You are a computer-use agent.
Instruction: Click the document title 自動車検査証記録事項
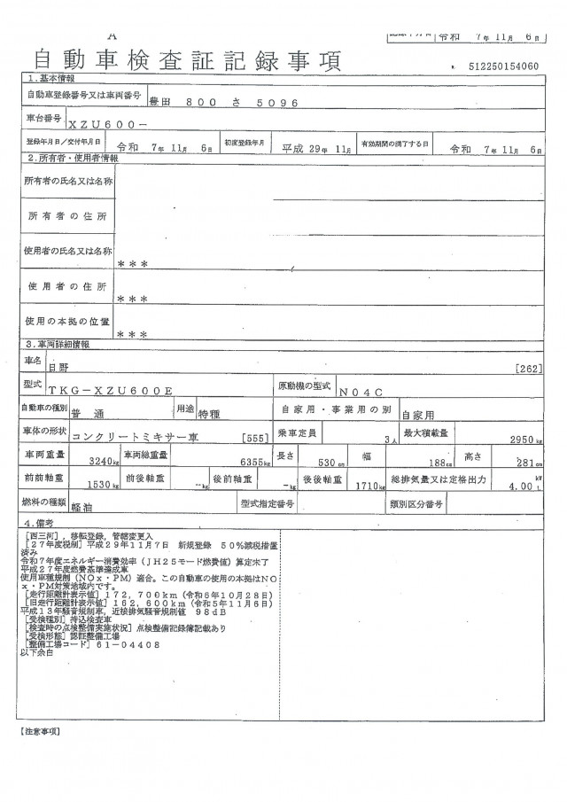pyautogui.click(x=186, y=60)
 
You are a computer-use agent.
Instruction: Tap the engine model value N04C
pyautogui.click(x=357, y=389)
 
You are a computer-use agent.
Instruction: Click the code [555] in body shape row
pyautogui.click(x=253, y=439)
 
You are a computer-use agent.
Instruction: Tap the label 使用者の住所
pyautogui.click(x=68, y=287)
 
